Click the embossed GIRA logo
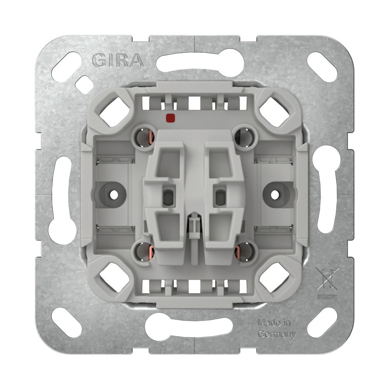point(118,61)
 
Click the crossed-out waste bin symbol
point(328,279)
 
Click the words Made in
point(274,323)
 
